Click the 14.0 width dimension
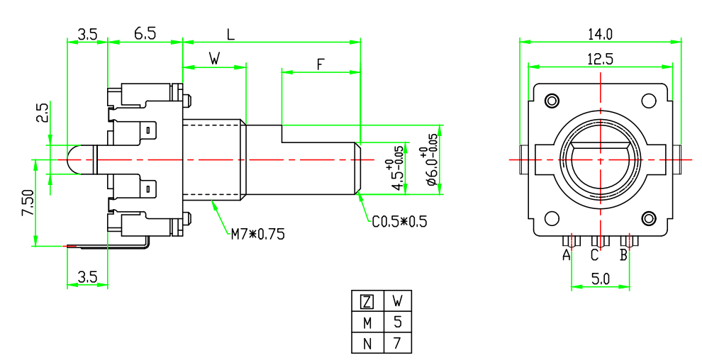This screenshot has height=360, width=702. click(x=600, y=33)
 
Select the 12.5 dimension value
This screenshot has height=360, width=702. click(x=600, y=60)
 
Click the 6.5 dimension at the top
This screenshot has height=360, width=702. click(x=145, y=33)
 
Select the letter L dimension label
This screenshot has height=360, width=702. click(x=230, y=33)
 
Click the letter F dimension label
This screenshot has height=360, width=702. click(x=320, y=64)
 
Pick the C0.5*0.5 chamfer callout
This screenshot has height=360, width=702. click(x=400, y=222)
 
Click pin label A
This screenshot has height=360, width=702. click(x=567, y=255)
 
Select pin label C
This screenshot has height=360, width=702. click(x=596, y=255)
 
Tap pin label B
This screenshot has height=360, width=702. click(x=624, y=255)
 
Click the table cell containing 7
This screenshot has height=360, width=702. click(x=397, y=344)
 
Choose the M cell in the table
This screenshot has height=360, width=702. click(x=367, y=323)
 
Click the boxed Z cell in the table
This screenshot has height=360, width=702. click(x=367, y=302)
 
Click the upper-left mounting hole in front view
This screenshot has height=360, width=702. click(x=551, y=99)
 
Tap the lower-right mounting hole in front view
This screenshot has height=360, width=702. click(x=648, y=217)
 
